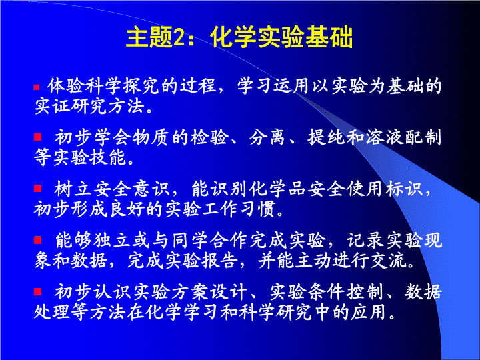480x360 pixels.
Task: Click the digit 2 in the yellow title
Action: click(x=179, y=37)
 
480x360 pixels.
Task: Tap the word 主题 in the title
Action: click(x=150, y=37)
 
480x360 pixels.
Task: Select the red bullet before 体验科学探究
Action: click(x=37, y=87)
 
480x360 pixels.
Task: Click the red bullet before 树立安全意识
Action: click(x=37, y=188)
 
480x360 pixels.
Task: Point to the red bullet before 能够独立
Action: click(x=37, y=240)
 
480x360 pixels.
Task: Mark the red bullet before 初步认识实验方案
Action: click(x=37, y=291)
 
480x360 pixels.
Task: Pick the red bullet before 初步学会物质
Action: click(x=37, y=137)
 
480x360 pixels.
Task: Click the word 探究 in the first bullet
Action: click(x=141, y=86)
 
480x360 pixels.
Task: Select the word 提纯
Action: click(x=326, y=137)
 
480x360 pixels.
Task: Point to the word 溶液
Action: click(x=385, y=137)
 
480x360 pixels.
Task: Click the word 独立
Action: click(x=112, y=240)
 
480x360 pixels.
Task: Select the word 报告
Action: click(x=219, y=261)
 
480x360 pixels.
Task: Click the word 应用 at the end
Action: click(x=368, y=312)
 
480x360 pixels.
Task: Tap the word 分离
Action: click(x=267, y=137)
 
